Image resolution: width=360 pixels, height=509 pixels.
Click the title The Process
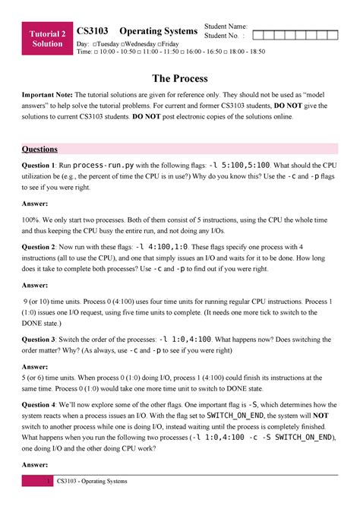179,78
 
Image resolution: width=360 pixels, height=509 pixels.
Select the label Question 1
38,165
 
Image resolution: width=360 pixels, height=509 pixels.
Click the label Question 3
38,317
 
